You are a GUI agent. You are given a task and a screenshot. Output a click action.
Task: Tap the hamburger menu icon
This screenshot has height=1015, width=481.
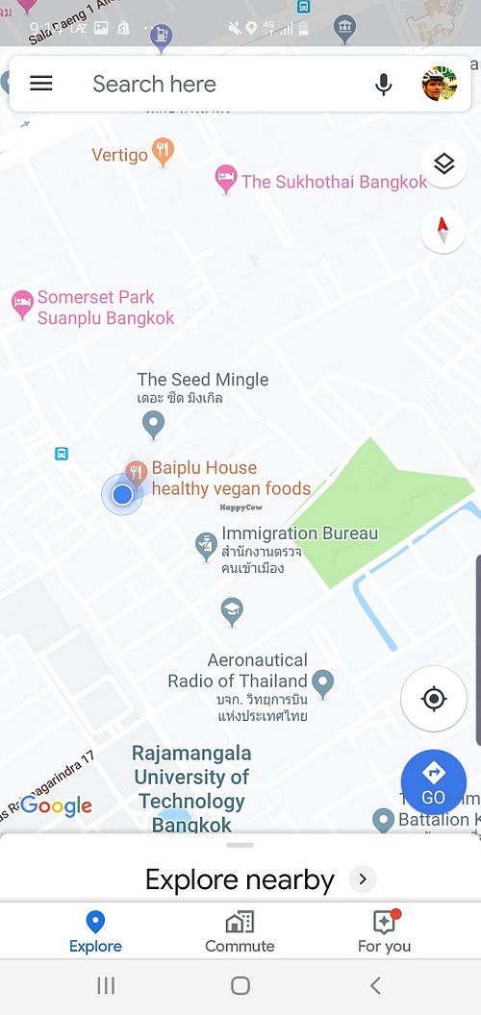coord(41,84)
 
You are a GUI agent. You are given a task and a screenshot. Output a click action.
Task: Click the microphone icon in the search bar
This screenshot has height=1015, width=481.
coord(384,85)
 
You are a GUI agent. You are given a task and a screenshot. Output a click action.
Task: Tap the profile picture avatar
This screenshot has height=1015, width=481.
coord(440,84)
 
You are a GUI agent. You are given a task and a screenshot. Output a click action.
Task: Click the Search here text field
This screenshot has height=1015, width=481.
coord(192,85)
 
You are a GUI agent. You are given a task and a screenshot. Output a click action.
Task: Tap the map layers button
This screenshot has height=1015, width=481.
coord(443,164)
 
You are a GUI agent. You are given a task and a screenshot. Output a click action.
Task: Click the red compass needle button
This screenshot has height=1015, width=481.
coord(443,231)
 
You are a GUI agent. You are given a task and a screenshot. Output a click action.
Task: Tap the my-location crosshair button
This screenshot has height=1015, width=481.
coord(434,698)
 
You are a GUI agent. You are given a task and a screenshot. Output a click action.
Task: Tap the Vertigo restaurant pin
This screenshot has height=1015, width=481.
coord(165,152)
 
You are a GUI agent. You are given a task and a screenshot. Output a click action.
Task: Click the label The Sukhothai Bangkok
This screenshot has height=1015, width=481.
coord(333,182)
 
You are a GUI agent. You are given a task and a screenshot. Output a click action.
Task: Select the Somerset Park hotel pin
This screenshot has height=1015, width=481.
coord(22,306)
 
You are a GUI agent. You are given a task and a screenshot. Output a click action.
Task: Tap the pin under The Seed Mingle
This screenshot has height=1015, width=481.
coord(153,422)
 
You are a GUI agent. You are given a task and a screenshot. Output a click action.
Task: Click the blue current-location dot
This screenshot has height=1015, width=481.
coord(122,494)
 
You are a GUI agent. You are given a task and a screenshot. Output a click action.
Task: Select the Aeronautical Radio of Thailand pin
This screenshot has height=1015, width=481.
coord(323,683)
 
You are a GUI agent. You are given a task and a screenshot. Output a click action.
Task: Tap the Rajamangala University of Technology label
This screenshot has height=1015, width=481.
coord(191,788)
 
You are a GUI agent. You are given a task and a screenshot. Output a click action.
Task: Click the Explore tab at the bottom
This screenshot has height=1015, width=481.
coord(95,930)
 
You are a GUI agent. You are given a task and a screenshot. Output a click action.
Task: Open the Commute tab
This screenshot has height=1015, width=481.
coord(240,930)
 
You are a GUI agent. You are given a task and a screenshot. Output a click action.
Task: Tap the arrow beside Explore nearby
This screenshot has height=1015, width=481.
coord(362,879)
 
